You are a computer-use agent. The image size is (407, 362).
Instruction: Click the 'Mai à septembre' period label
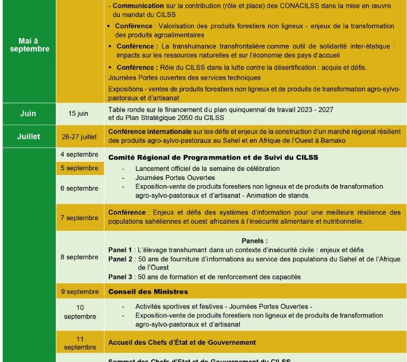coord(29,45)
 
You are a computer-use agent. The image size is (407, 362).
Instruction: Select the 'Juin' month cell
coord(28,113)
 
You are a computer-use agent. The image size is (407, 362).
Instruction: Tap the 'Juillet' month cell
coord(28,136)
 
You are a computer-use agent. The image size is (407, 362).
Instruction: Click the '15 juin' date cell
coord(79,113)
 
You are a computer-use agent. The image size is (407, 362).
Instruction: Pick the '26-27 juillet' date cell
coord(79,136)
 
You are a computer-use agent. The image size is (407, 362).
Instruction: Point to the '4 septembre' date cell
coord(79,154)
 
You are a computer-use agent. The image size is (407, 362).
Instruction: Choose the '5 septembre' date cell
coord(79,168)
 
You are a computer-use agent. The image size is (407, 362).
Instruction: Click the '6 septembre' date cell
coord(79,188)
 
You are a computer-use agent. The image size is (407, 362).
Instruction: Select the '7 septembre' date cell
coord(79,218)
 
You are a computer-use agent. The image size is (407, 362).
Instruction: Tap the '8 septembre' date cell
coord(79,257)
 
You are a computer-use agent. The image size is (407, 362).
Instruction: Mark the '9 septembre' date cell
coord(79,291)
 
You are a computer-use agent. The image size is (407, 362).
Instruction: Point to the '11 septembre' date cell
coord(80,343)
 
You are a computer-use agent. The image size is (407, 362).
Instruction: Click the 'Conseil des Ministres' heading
coord(148,292)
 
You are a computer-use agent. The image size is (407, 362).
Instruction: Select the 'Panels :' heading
coord(255,241)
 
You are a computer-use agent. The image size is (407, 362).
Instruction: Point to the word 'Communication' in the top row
coord(138,5)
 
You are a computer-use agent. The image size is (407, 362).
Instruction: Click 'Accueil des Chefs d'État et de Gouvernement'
coord(182,342)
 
